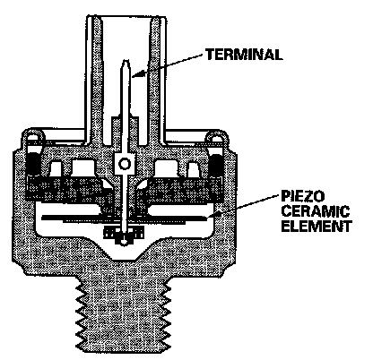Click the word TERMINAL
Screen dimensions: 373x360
244,55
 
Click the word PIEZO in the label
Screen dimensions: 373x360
302,196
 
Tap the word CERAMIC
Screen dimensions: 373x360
315,211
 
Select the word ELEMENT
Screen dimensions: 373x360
317,226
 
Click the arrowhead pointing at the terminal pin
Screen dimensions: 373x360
136,74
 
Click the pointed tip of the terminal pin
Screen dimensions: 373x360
126,61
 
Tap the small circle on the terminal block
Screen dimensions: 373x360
124,164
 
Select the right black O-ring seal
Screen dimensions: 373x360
215,164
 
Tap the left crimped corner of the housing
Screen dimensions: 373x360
32,137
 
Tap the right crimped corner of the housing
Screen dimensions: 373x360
217,137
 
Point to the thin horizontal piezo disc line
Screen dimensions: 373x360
125,218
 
